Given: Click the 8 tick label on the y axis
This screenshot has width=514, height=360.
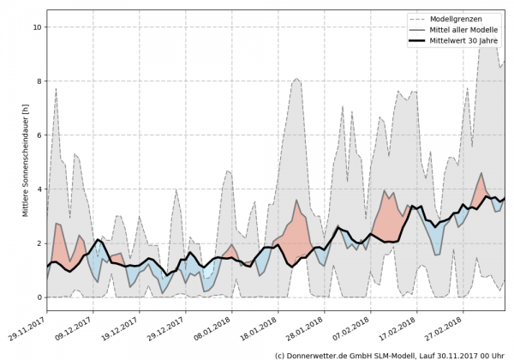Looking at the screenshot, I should click(x=38, y=81).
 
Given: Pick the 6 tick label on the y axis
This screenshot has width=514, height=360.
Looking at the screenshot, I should click(x=38, y=135).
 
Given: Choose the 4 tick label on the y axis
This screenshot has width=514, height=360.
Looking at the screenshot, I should click(x=38, y=189).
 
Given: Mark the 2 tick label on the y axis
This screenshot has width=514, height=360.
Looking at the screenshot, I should click(x=38, y=243).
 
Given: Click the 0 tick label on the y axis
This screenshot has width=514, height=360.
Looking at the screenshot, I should click(x=38, y=297).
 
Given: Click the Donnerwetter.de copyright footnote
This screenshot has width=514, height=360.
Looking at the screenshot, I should click(x=389, y=354).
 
